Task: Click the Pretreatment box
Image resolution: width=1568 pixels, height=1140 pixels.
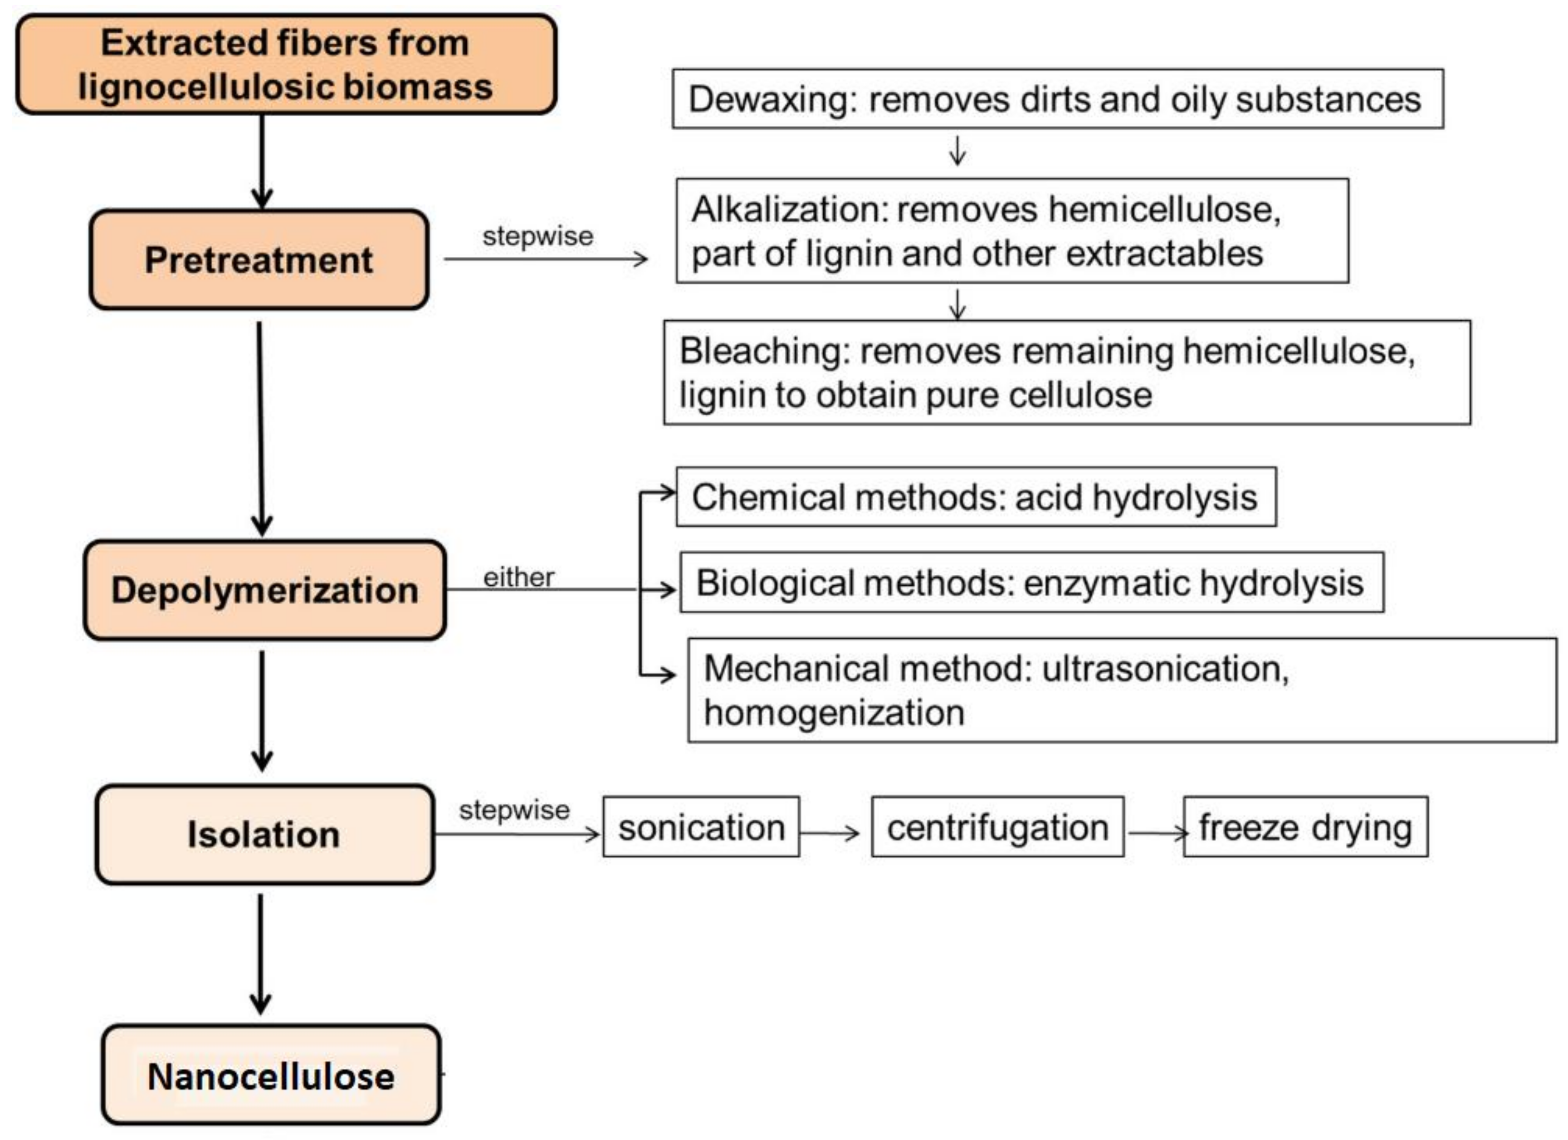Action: coord(259,260)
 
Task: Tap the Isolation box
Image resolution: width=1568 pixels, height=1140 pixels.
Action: coord(264,834)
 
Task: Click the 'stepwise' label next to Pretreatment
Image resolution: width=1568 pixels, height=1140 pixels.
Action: coord(537,236)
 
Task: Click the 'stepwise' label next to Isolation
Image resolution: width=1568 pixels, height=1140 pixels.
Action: coord(514,810)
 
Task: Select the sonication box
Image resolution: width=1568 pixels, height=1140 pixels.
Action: coord(701,827)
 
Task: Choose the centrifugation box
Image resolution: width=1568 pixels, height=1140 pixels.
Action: coord(997,827)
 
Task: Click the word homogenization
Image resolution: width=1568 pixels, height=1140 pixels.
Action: coord(834,712)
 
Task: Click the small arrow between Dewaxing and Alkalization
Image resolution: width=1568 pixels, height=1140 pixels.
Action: coord(957,151)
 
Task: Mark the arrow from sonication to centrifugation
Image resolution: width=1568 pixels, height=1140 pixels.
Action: coord(830,832)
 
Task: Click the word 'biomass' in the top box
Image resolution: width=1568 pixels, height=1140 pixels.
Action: coord(418,87)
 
